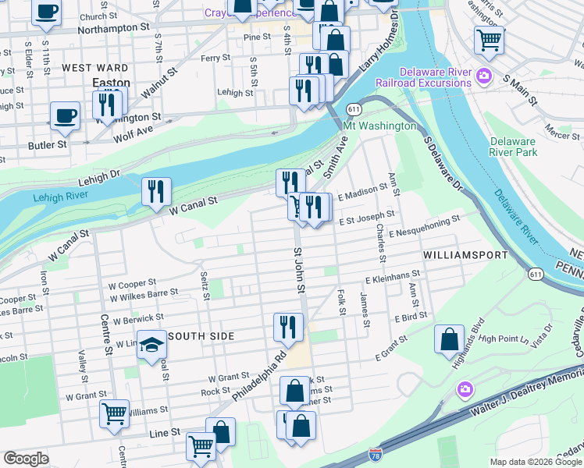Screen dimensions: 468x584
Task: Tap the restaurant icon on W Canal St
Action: tap(156, 191)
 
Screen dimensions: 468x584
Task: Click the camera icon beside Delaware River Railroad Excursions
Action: tap(484, 76)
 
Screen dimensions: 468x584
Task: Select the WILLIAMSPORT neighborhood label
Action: tap(459, 255)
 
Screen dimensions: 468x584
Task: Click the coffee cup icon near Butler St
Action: tap(66, 116)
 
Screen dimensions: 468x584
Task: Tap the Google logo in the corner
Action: tap(26, 459)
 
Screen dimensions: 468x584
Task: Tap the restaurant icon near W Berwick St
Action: tap(289, 326)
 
